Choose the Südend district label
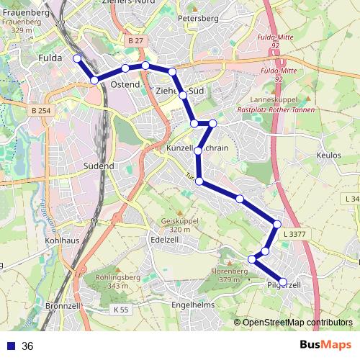(99, 166)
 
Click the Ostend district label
(124, 85)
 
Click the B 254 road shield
(42, 110)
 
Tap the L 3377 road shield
(294, 233)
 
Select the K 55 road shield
(121, 310)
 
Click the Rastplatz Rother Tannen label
(273, 110)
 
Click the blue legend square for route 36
(9, 346)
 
